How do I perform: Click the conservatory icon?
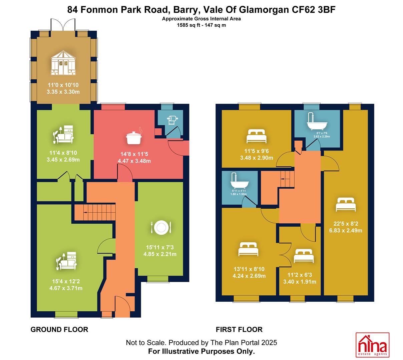63,63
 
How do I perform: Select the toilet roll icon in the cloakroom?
172,120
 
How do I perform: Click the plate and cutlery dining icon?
161,227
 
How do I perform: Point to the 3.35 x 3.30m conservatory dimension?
63,92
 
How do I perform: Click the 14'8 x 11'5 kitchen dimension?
134,154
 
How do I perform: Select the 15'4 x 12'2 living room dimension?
66,281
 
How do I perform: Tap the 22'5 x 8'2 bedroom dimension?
346,224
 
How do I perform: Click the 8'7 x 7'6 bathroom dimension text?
322,133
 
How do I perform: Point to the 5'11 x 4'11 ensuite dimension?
239,191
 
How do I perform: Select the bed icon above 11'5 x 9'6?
257,136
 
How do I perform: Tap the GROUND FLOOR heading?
59,330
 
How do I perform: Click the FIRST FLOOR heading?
239,330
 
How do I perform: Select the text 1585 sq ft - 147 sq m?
201,25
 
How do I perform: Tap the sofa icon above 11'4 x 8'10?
63,134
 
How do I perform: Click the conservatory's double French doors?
63,25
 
